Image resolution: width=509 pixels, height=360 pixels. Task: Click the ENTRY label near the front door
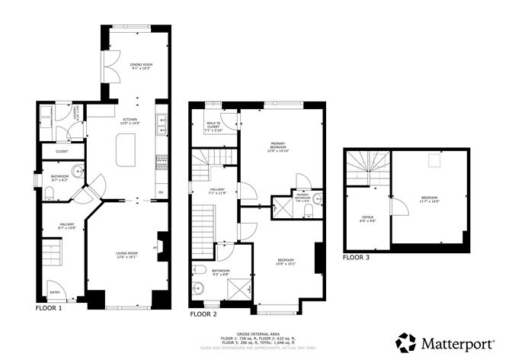click(54, 291)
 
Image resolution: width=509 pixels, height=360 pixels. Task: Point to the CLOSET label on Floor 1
click(62, 151)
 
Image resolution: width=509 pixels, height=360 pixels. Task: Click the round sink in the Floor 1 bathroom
click(77, 170)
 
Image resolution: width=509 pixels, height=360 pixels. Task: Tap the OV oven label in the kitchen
click(160, 191)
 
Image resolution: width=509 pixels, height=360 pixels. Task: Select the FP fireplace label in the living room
click(156, 247)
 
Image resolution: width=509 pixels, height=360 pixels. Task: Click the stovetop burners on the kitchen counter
click(161, 162)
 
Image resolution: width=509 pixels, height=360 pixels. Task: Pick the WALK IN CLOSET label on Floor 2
click(213, 127)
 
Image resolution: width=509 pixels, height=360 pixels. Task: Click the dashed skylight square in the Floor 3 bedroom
click(435, 160)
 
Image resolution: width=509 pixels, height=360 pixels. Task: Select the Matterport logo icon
click(406, 342)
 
